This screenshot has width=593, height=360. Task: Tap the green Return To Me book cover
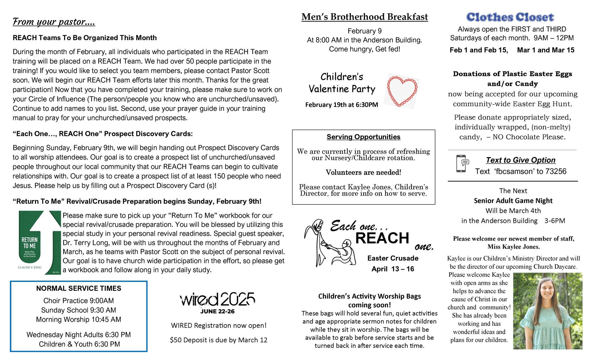click(40, 243)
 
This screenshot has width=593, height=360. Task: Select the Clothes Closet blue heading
click(510, 17)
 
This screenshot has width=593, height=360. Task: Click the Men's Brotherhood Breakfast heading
click(364, 17)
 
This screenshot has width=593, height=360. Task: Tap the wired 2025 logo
click(218, 299)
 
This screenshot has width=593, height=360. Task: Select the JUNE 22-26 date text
click(217, 311)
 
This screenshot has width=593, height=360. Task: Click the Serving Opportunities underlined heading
click(363, 137)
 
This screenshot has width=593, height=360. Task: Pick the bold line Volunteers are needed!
click(363, 172)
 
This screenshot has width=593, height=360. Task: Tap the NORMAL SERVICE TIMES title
click(78, 288)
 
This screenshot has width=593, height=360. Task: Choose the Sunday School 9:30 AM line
click(78, 310)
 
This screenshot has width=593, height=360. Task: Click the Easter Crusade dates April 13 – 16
click(393, 269)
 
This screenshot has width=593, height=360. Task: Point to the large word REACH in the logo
click(382, 238)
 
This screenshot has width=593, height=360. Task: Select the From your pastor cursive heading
click(54, 22)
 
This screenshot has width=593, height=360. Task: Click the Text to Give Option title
click(520, 160)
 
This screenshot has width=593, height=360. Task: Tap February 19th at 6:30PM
click(342, 105)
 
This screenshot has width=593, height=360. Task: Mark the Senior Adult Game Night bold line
click(513, 201)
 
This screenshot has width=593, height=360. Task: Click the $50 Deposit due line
click(218, 340)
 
